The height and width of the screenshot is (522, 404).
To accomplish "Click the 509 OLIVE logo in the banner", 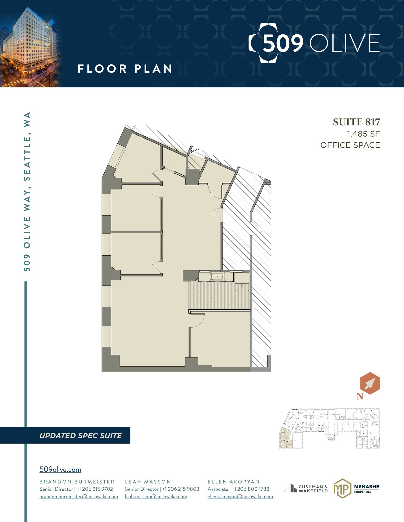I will (314, 43).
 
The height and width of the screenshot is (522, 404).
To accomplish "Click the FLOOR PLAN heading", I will (125, 69).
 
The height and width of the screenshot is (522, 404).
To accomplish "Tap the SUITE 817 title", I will (356, 122).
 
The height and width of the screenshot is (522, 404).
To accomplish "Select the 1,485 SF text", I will (363, 134).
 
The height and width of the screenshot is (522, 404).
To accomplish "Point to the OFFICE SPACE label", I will (350, 145).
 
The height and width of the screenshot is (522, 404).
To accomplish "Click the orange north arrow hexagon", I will (370, 383).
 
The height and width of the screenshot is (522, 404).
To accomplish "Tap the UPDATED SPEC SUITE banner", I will (81, 436).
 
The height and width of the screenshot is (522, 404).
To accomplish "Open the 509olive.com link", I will (60, 469).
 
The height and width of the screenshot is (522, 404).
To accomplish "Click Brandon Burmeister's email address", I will (79, 497).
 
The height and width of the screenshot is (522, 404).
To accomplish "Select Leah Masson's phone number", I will (180, 489).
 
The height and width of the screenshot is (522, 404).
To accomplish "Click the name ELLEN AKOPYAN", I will (233, 482).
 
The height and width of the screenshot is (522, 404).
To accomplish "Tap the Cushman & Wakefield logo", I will (306, 489).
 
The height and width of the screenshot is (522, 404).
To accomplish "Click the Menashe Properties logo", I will (356, 488).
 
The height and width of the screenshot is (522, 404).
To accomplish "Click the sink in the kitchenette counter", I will (217, 277).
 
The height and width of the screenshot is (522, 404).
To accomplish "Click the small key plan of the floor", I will (330, 428).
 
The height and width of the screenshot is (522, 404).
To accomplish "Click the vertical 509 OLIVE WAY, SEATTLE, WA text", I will (27, 191).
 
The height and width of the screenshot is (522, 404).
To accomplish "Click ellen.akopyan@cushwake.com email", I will (240, 497).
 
